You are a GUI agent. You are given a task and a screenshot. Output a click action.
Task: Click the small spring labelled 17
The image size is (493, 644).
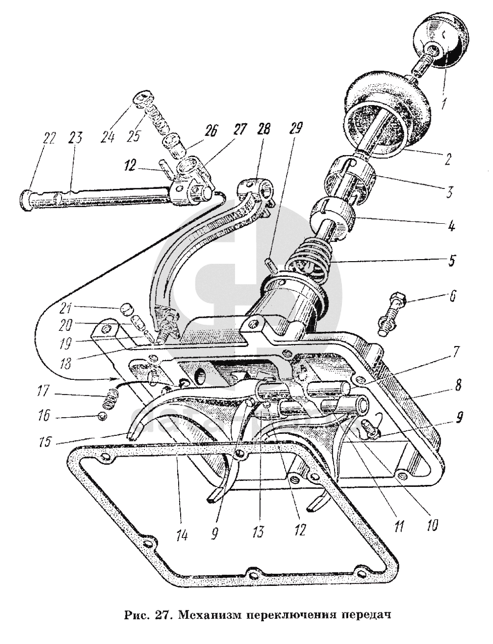108,401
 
